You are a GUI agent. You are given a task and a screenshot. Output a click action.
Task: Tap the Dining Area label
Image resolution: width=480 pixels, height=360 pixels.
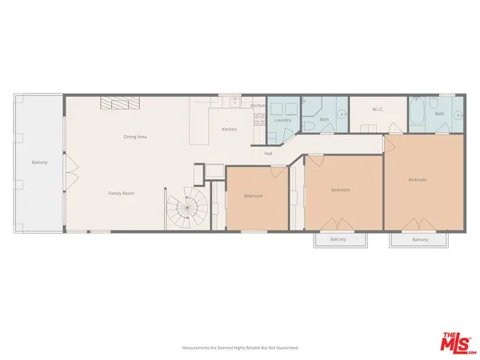click(134, 137)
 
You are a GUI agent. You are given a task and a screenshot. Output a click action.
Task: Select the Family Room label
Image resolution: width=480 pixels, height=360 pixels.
click(121, 194)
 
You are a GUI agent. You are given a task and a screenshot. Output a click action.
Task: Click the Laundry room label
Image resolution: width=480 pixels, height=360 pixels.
click(282, 120)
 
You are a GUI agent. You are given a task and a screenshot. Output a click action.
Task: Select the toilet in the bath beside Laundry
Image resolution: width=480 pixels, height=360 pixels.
click(308, 128)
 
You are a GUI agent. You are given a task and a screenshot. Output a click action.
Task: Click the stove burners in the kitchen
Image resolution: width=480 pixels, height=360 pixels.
click(259, 121)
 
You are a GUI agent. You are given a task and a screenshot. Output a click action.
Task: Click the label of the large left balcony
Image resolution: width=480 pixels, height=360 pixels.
click(40, 162)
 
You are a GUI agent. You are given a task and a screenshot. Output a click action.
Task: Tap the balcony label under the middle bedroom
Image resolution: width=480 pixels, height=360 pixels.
click(338, 239)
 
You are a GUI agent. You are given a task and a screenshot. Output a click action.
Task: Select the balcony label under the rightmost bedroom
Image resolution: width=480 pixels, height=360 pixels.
click(420, 239)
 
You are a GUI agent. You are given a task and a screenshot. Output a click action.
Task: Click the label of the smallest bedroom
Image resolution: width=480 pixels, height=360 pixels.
click(254, 196)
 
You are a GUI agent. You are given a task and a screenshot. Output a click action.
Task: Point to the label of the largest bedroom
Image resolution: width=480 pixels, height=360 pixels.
click(418, 179)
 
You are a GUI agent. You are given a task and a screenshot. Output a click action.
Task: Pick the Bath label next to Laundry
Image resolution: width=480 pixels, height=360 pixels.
click(325, 120)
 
